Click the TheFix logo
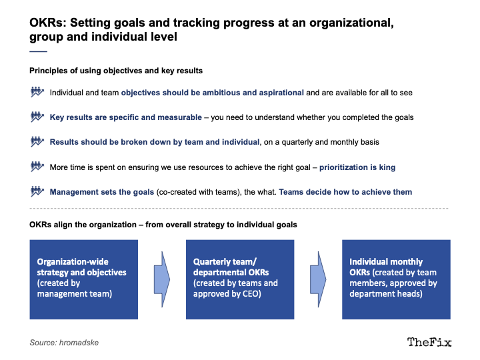point(429,342)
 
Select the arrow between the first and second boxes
point(162,279)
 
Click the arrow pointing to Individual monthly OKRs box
point(318,279)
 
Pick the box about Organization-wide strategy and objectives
point(84,279)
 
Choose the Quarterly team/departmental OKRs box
point(240,279)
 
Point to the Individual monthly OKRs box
point(396,279)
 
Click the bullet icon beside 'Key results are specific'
point(37,117)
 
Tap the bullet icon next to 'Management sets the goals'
point(37,191)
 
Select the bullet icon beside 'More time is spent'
point(37,167)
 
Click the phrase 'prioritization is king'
point(357,167)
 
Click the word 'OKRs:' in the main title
point(48,23)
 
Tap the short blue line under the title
point(38,51)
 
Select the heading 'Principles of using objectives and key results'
point(116,71)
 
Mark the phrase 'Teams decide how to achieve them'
point(345,192)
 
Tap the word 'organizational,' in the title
point(351,23)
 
